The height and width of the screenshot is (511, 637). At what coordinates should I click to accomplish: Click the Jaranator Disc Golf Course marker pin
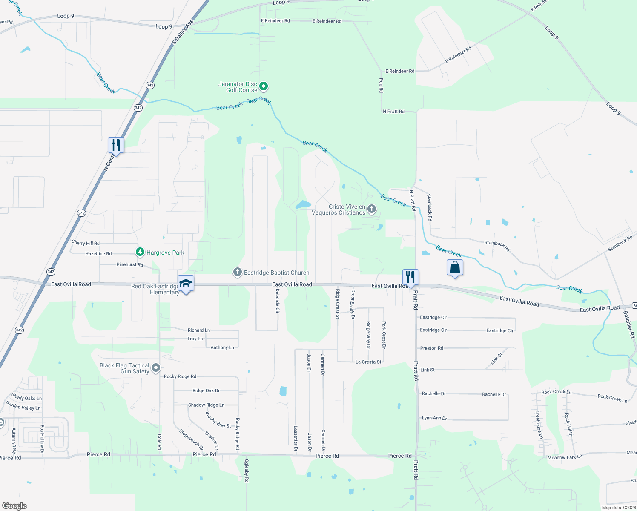(x=264, y=87)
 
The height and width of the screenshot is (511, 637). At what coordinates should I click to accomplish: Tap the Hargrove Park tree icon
(x=140, y=252)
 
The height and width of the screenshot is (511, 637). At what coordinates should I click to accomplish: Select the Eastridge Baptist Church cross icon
(x=238, y=272)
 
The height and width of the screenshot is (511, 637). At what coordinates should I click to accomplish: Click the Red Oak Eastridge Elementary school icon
(x=186, y=284)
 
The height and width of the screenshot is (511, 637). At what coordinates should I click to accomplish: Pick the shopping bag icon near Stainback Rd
(x=455, y=268)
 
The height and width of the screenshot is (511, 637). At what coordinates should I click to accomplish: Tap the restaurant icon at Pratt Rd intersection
(x=410, y=277)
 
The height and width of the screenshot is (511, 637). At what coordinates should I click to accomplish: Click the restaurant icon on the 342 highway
(x=116, y=145)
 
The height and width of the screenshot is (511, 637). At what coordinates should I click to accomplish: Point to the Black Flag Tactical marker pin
(x=156, y=367)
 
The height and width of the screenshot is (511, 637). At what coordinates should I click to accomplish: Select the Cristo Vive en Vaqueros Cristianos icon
(x=372, y=209)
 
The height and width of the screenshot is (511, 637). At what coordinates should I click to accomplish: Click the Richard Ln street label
(x=199, y=330)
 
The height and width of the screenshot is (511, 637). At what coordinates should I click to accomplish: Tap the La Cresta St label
(x=368, y=362)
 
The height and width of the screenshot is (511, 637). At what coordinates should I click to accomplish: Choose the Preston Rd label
(x=432, y=348)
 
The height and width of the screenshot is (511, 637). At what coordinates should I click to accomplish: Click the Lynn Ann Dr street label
(x=434, y=418)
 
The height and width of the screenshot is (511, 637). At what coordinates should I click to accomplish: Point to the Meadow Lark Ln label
(x=565, y=457)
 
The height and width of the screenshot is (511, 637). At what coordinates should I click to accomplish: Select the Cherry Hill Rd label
(x=86, y=243)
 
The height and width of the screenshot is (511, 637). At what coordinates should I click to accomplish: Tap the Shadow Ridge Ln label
(x=206, y=405)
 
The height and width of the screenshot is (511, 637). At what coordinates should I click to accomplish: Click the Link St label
(x=428, y=370)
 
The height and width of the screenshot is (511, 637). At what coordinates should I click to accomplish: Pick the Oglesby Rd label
(x=247, y=471)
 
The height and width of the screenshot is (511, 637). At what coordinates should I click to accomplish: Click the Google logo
(x=14, y=506)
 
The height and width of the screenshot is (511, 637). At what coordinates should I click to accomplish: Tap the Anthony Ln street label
(x=222, y=347)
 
